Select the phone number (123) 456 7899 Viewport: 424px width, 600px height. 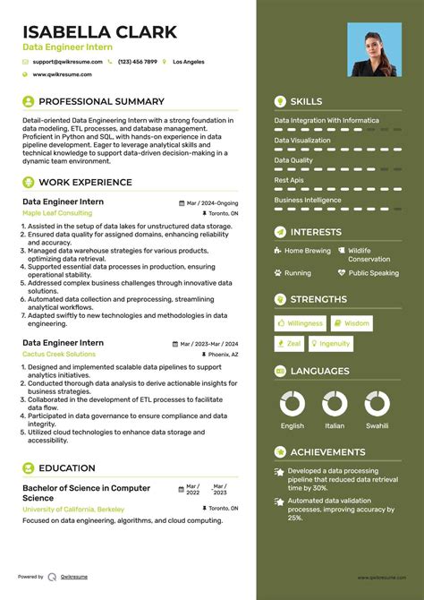point(137,62)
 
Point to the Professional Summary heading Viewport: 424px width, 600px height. point(101,101)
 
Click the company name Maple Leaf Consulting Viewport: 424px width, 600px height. point(56,214)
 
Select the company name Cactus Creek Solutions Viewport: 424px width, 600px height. point(59,355)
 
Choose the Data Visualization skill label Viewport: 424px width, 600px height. point(302,140)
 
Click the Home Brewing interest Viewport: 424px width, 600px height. point(307,252)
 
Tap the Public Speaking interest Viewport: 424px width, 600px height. point(373,273)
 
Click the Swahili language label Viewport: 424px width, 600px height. point(377,426)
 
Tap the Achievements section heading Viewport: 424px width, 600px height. point(327,452)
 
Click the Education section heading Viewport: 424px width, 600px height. point(66,467)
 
